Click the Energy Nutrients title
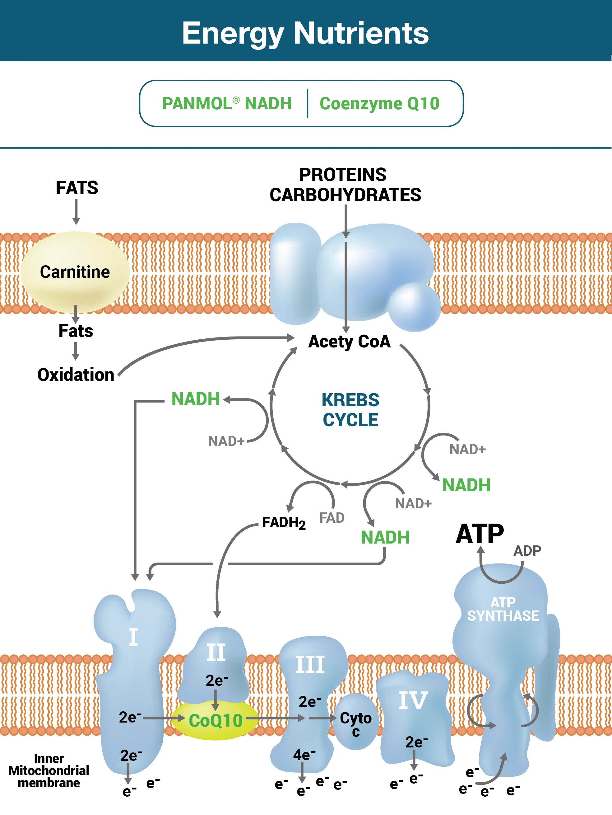pyautogui.click(x=305, y=33)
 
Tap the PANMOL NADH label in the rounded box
pyautogui.click(x=227, y=104)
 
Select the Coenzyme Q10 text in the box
pyautogui.click(x=379, y=104)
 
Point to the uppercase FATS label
pyautogui.click(x=76, y=187)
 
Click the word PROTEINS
pyautogui.click(x=343, y=175)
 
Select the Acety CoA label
pyautogui.click(x=349, y=342)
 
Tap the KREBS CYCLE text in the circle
pyautogui.click(x=350, y=410)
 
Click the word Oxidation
pyautogui.click(x=76, y=375)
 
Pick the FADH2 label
pyautogui.click(x=284, y=523)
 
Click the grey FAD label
pyautogui.click(x=332, y=518)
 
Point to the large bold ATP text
pyautogui.click(x=480, y=534)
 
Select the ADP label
pyautogui.click(x=527, y=551)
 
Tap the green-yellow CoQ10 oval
pyautogui.click(x=216, y=721)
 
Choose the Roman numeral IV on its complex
pyautogui.click(x=413, y=700)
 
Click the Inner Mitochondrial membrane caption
pyautogui.click(x=49, y=770)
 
